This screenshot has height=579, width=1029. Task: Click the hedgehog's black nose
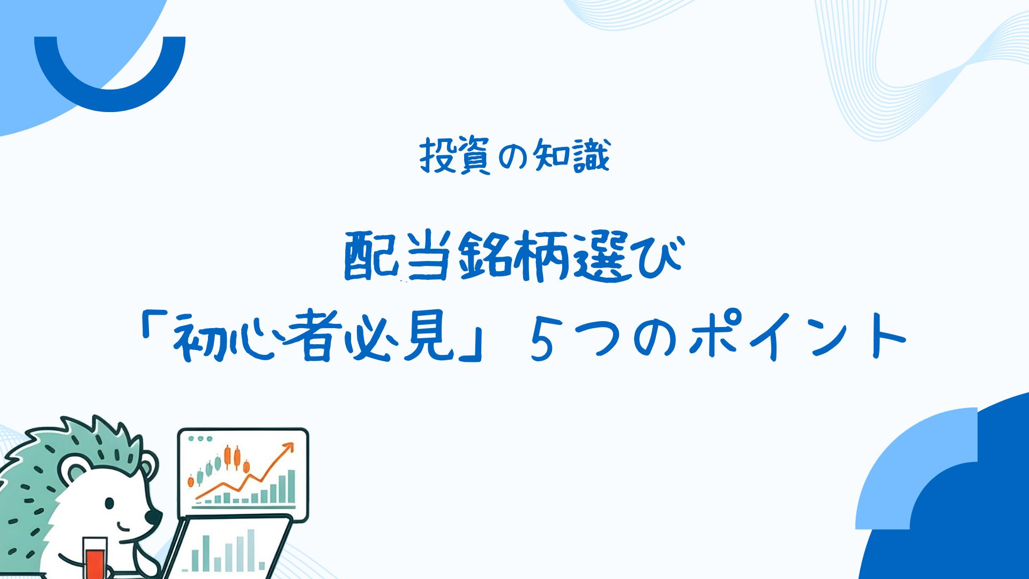[153, 517]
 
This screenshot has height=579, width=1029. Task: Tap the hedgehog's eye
[109, 503]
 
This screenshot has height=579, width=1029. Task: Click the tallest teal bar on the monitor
[291, 487]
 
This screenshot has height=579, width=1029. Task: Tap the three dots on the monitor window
[201, 439]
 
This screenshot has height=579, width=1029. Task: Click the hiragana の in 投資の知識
[513, 157]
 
